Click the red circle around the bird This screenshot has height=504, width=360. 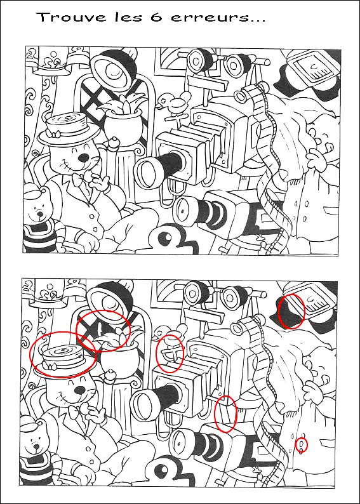click(170, 353)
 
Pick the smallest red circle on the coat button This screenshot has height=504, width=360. click(302, 445)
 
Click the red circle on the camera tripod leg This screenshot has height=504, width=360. click(226, 413)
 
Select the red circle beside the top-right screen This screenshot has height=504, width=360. click(291, 311)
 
